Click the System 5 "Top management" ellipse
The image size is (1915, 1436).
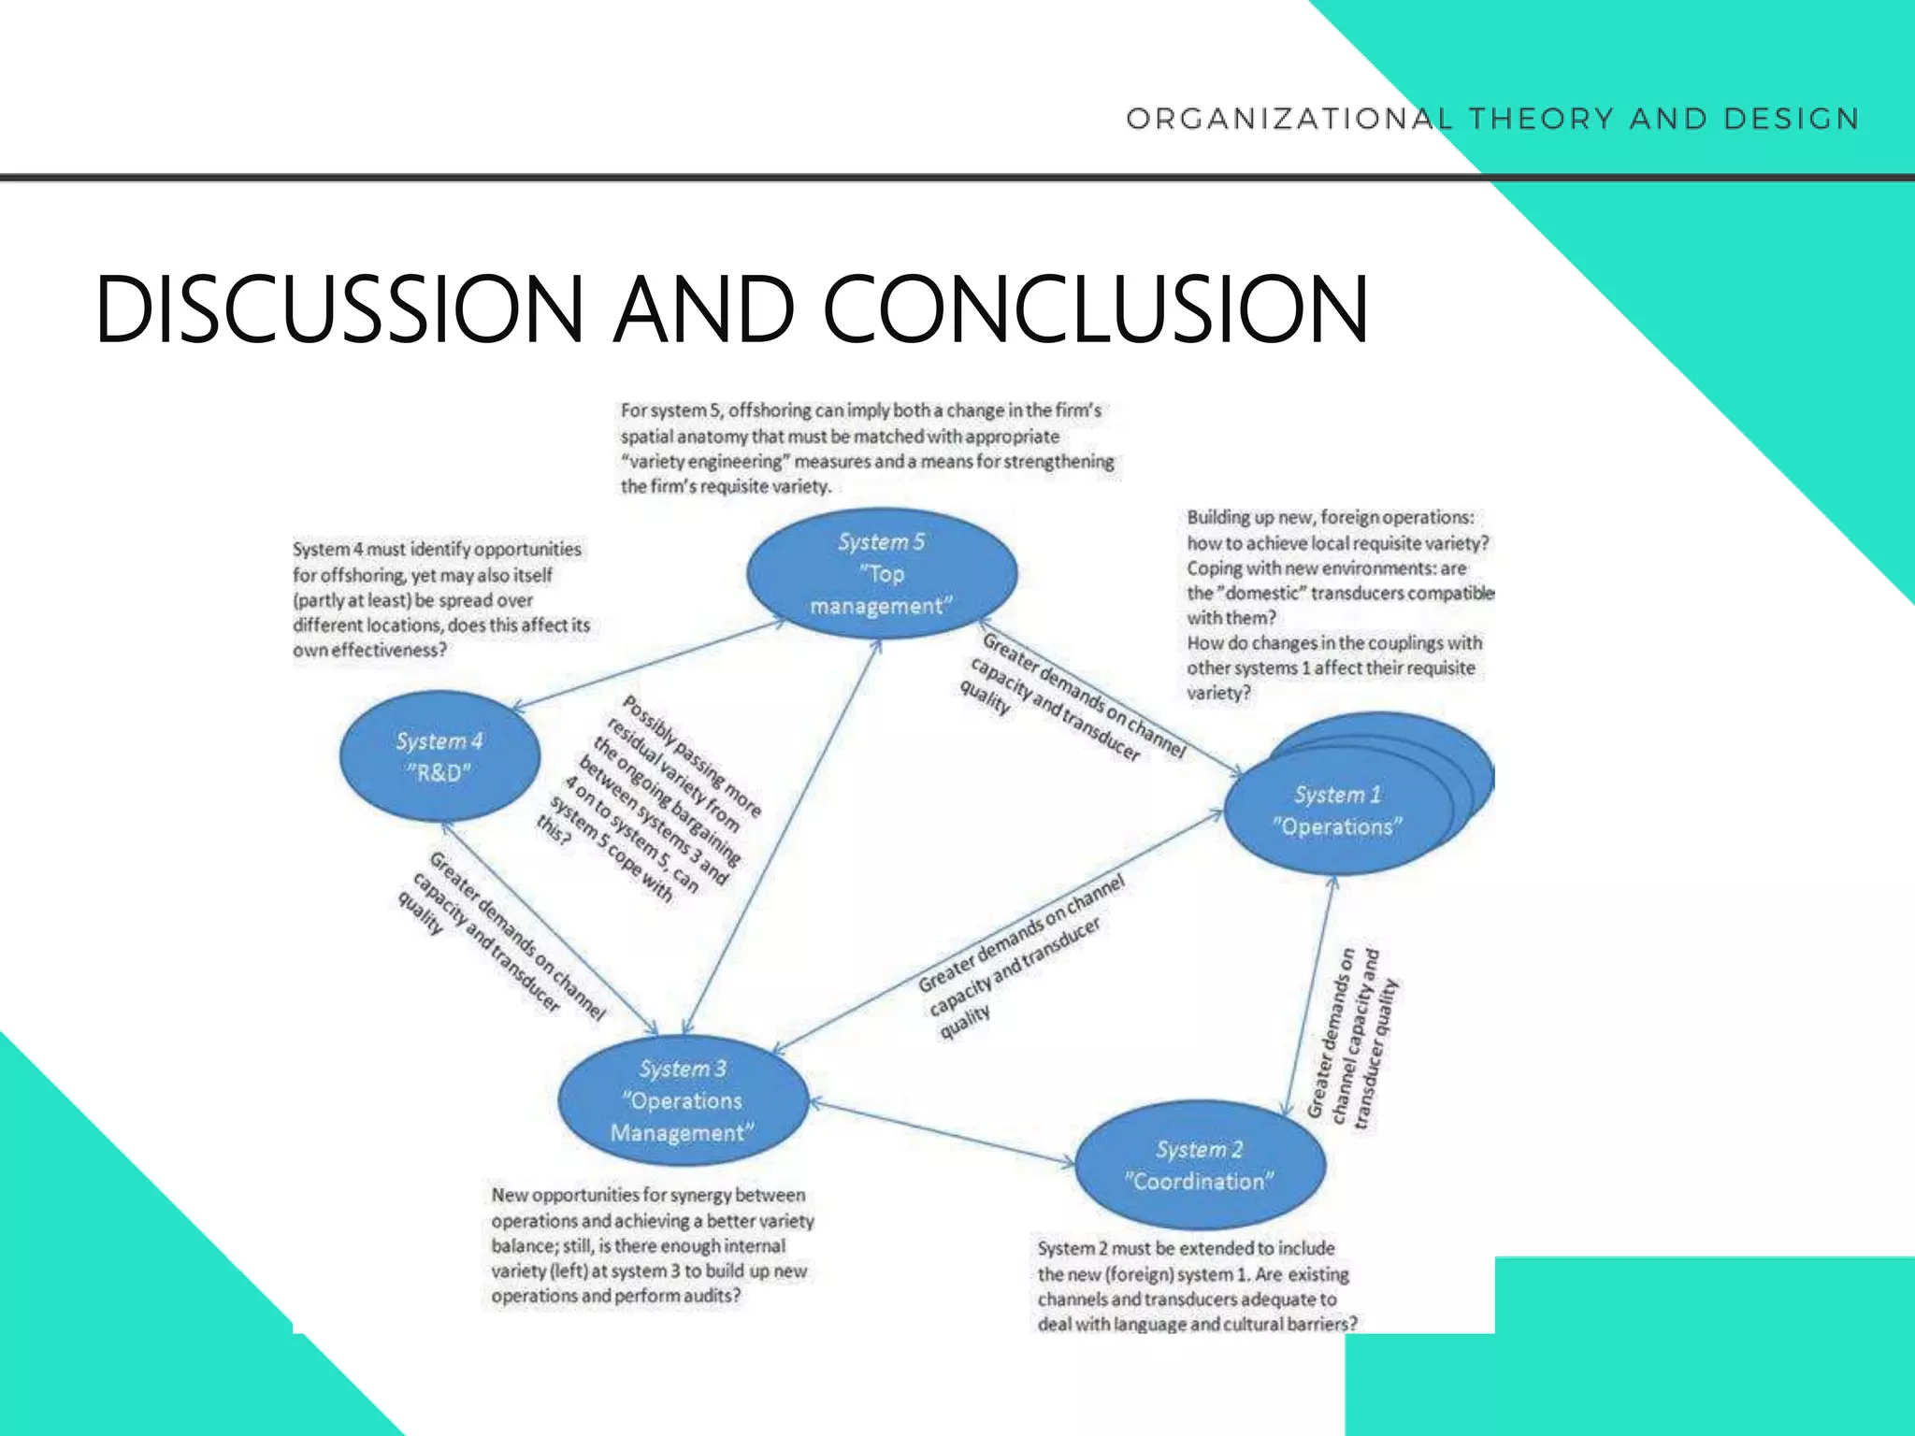[x=881, y=573]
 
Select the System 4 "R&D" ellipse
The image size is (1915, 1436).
[x=439, y=756]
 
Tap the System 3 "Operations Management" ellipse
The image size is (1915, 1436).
[x=683, y=1100]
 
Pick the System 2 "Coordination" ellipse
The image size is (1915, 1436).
[x=1200, y=1165]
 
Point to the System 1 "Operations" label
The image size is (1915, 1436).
[x=1337, y=811]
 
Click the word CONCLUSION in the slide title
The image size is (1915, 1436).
[x=1095, y=309]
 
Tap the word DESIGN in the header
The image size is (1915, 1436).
[x=1792, y=119]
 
